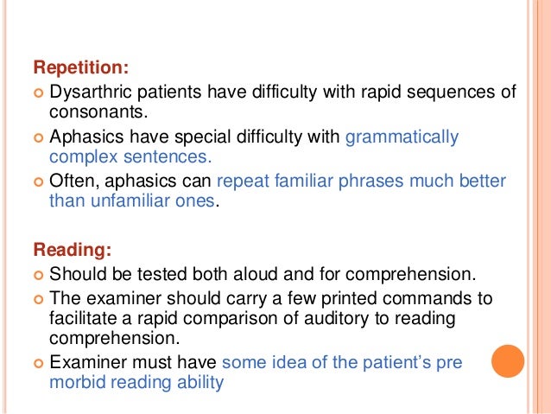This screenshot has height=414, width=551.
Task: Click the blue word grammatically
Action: pos(402,136)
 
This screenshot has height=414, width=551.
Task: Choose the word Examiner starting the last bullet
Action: pos(85,361)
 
